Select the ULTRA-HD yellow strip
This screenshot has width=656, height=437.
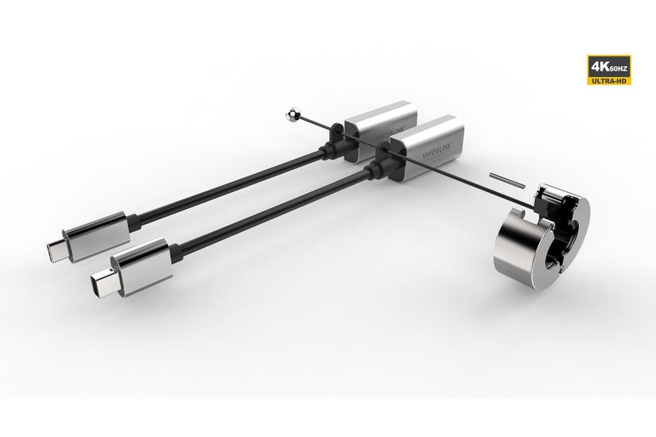point(610,80)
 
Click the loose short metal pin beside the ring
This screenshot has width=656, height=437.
point(507,180)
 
